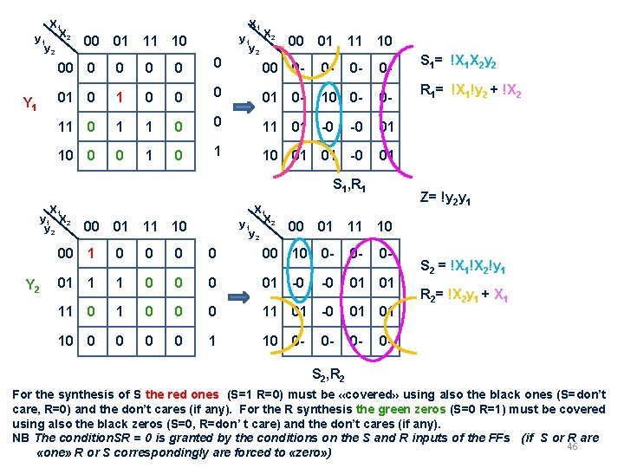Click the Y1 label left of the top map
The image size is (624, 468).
29,105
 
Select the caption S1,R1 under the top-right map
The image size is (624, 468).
352,185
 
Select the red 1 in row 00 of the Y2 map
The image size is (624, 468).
90,253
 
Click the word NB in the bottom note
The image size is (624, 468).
20,439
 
